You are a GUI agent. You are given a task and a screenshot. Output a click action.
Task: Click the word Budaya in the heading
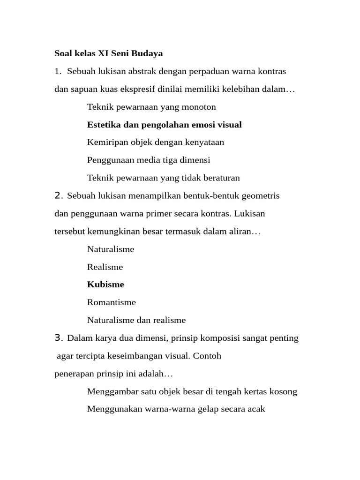click(x=148, y=53)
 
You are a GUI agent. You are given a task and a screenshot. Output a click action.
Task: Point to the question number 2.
click(x=58, y=196)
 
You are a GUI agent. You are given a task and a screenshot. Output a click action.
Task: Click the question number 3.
click(x=58, y=338)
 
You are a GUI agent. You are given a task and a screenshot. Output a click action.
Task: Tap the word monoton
click(x=200, y=107)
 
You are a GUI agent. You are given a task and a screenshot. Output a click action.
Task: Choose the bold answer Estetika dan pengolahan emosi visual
click(x=164, y=125)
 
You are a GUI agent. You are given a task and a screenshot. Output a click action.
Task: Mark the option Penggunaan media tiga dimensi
click(x=149, y=160)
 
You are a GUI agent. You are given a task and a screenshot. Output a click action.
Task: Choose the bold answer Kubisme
click(x=105, y=285)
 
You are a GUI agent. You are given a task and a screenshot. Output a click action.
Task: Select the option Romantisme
click(x=111, y=302)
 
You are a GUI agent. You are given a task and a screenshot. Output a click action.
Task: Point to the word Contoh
click(x=207, y=356)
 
